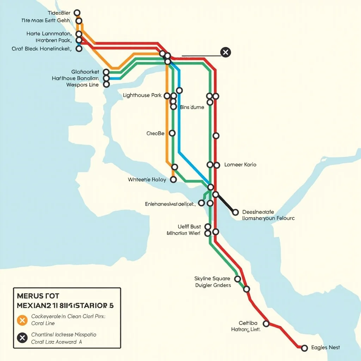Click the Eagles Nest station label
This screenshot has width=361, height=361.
[325, 348]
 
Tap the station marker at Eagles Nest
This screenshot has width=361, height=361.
[305, 348]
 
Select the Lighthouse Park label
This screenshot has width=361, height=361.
[142, 96]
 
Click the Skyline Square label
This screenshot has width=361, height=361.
[212, 279]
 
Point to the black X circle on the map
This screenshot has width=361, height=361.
[225, 53]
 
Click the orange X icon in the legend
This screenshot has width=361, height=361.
[22, 320]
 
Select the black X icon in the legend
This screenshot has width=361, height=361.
[22, 338]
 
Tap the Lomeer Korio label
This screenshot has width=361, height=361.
[240, 165]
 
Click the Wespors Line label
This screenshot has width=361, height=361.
[82, 85]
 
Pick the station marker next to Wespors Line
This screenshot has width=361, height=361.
[106, 85]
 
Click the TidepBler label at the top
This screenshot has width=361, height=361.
[59, 13]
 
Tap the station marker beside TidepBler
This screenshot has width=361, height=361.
[77, 13]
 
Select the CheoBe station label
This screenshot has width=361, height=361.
[155, 134]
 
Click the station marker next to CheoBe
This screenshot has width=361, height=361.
[172, 133]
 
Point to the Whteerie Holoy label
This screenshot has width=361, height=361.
[147, 180]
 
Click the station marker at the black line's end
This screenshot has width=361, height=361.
[235, 212]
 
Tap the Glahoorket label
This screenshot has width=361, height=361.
[85, 72]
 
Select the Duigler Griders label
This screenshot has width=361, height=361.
[213, 285]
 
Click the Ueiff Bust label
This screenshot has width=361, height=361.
[189, 227]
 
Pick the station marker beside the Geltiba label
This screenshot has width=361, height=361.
[267, 324]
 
